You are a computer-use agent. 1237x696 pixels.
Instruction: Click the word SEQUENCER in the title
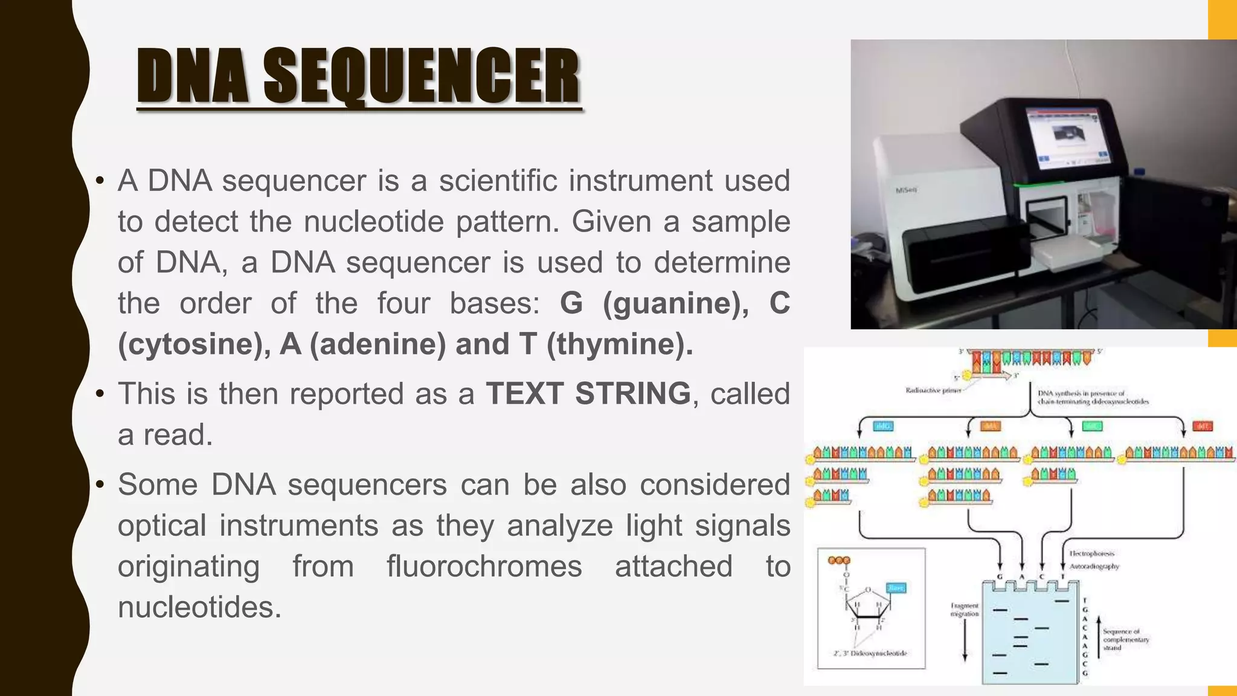pos(421,76)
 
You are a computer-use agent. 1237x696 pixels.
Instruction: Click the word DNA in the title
pos(192,76)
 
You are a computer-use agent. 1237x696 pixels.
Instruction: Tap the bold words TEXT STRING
pos(588,394)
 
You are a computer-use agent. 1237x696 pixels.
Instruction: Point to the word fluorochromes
pos(484,567)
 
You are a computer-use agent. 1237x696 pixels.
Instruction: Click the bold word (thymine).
pos(620,344)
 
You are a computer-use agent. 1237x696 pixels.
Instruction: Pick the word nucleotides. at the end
pos(199,607)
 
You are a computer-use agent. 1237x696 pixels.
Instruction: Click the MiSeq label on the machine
pos(906,190)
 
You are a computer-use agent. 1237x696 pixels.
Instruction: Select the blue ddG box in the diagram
pos(884,427)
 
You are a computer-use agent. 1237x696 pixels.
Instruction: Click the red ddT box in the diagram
pos(1203,427)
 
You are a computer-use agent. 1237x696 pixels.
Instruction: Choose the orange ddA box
pos(991,427)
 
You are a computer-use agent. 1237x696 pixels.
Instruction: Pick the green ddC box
pos(1092,427)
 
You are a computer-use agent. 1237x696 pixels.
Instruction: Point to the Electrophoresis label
pos(1092,553)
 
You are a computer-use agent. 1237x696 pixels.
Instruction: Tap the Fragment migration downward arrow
pos(965,640)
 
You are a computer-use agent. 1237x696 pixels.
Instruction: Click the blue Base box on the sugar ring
pos(896,588)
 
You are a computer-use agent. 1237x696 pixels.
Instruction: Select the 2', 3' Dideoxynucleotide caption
pos(870,653)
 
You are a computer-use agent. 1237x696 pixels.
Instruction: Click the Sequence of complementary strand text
pos(1125,639)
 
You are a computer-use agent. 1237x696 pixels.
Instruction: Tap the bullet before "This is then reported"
pos(100,395)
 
